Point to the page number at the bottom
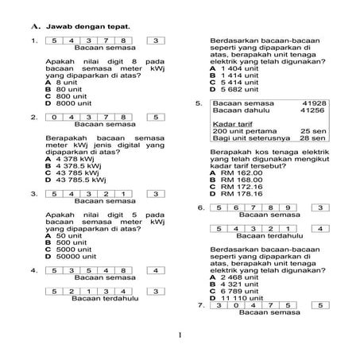(x=180, y=335)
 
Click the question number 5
(x=198, y=104)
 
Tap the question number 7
(x=201, y=304)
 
